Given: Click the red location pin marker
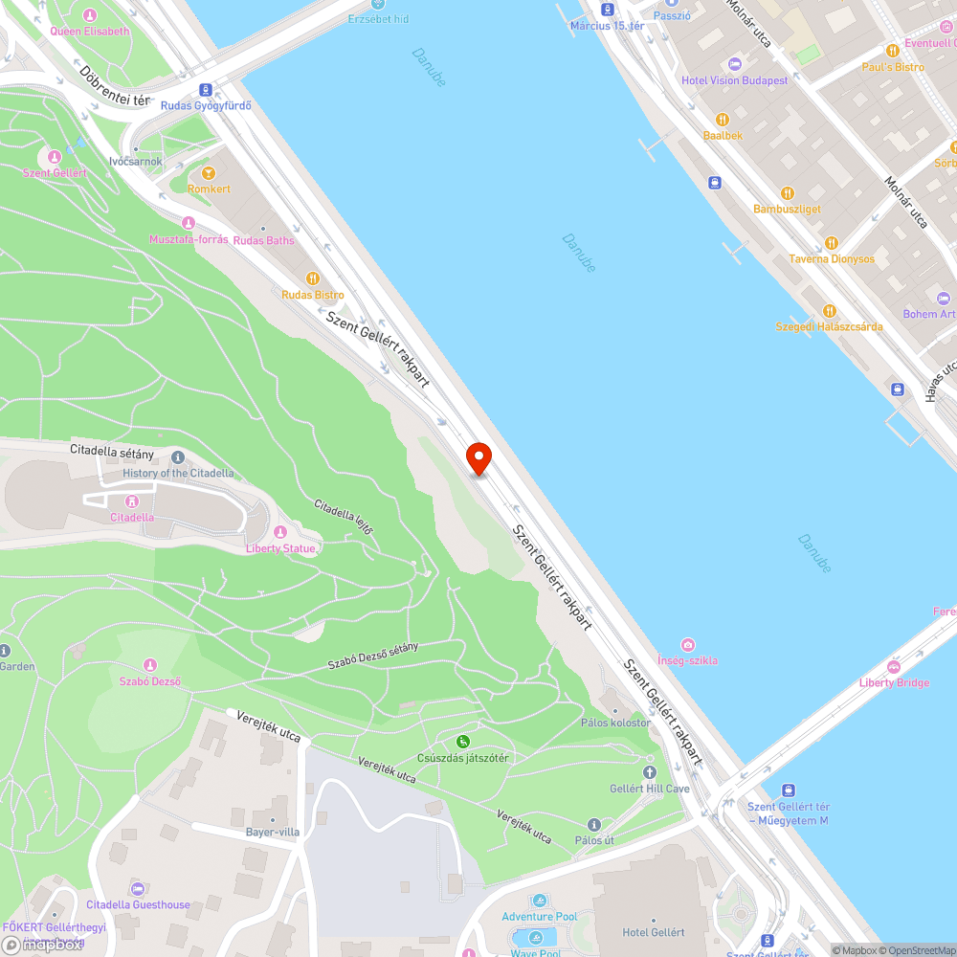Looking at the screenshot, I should pyautogui.click(x=478, y=456).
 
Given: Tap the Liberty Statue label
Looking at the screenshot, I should pyautogui.click(x=280, y=548).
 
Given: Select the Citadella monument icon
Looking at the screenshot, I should pyautogui.click(x=132, y=501).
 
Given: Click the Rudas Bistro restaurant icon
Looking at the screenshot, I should pyautogui.click(x=312, y=278).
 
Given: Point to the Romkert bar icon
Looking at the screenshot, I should pyautogui.click(x=209, y=173).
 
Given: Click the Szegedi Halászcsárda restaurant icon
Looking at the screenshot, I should pyautogui.click(x=829, y=311).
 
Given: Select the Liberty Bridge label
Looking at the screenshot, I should pyautogui.click(x=894, y=682).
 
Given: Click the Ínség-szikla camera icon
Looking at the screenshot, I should pyautogui.click(x=687, y=645).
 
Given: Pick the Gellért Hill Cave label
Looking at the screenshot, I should pyautogui.click(x=650, y=789).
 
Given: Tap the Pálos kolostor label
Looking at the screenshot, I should pyautogui.click(x=615, y=723).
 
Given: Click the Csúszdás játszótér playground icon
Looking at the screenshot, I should pyautogui.click(x=462, y=741).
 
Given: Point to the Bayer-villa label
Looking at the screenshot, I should pyautogui.click(x=272, y=832).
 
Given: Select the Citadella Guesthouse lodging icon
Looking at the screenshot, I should pyautogui.click(x=137, y=889).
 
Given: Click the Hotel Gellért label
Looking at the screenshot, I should pyautogui.click(x=654, y=932).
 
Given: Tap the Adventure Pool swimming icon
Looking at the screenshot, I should pyautogui.click(x=540, y=901).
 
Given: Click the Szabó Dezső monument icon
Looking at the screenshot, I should pyautogui.click(x=149, y=665).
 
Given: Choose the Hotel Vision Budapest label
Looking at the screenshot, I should pyautogui.click(x=734, y=80).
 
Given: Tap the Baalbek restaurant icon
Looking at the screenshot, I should pyautogui.click(x=723, y=120).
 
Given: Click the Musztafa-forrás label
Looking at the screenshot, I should pyautogui.click(x=189, y=239).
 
